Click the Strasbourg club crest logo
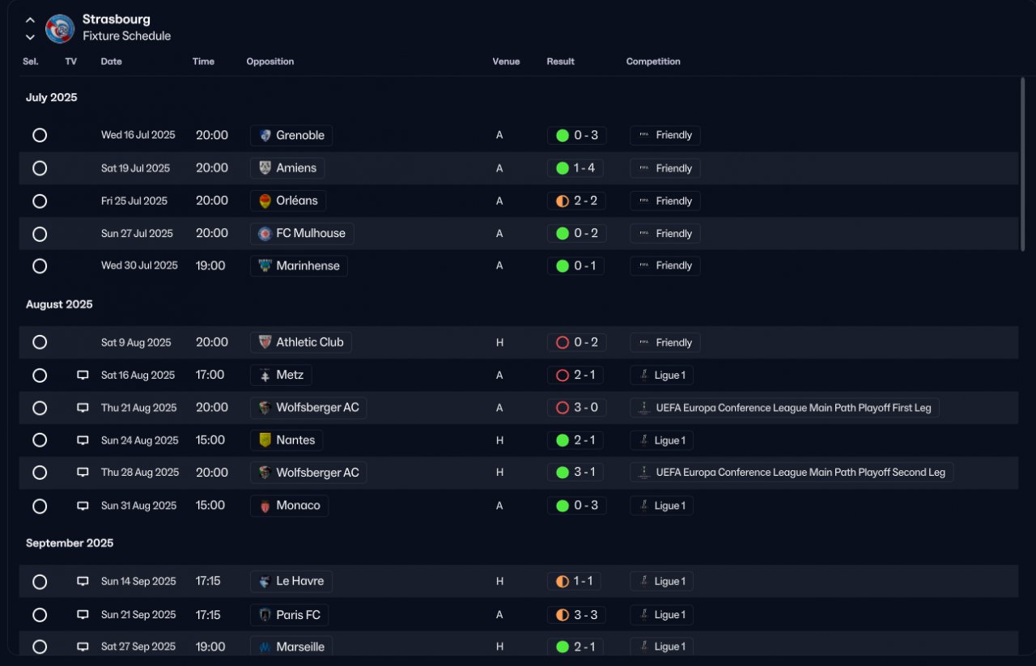click(x=60, y=28)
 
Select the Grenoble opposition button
click(x=291, y=135)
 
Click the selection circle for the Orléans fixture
click(x=40, y=201)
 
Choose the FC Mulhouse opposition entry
click(x=302, y=234)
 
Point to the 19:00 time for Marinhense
click(x=210, y=266)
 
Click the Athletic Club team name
click(x=310, y=342)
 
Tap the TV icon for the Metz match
click(x=83, y=375)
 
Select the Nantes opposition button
click(x=287, y=440)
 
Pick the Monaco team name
click(x=299, y=506)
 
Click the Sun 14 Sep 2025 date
click(x=138, y=581)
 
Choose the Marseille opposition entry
click(x=291, y=647)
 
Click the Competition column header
click(x=653, y=62)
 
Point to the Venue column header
click(x=506, y=62)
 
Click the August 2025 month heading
click(x=59, y=304)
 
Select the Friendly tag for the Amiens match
click(x=664, y=168)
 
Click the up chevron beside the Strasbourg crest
click(x=30, y=20)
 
